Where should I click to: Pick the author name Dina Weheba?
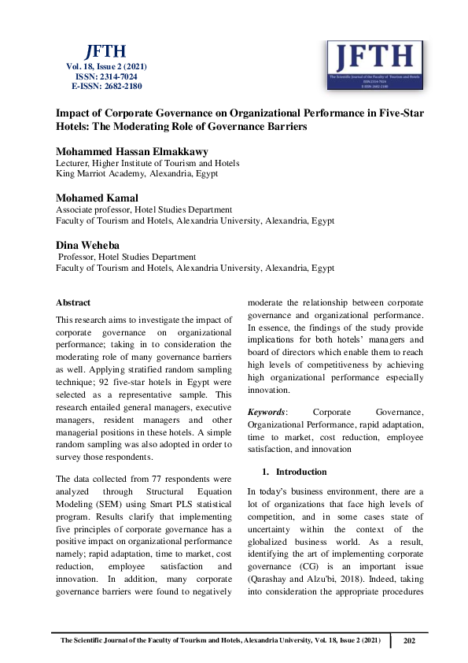(87, 245)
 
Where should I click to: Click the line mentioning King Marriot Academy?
(137, 174)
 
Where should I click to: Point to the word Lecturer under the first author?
(72, 163)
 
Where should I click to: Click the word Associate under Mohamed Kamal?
(75, 209)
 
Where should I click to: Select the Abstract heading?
(73, 302)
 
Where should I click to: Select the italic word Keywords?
(267, 412)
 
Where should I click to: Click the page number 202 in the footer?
(408, 641)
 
